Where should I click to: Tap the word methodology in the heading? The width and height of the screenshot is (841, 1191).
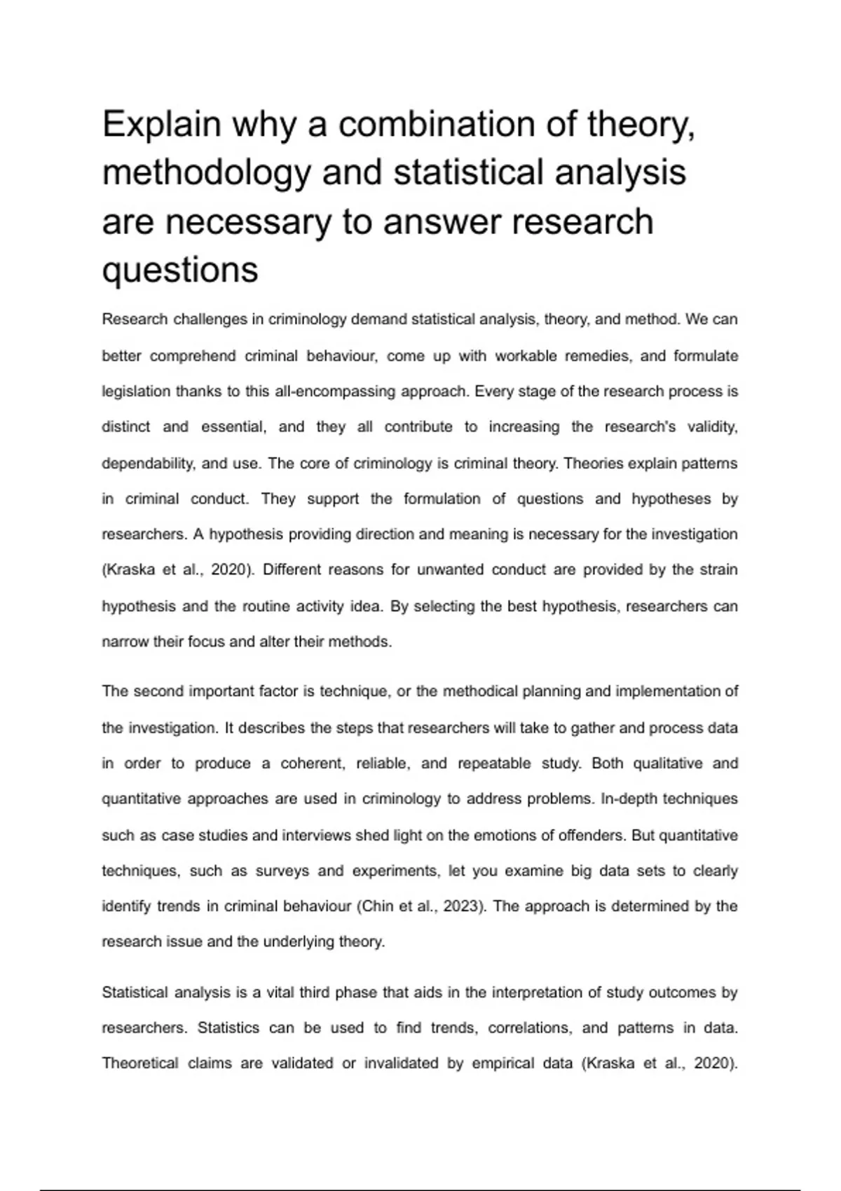pos(206,173)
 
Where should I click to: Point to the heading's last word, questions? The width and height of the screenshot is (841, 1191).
pos(180,270)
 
